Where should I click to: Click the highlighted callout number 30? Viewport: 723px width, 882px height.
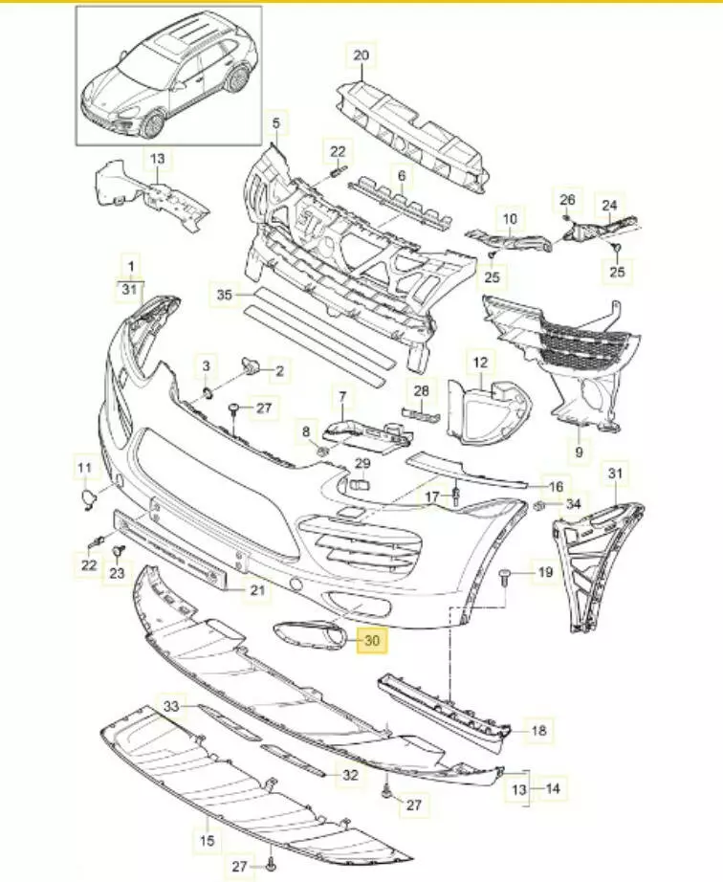(370, 640)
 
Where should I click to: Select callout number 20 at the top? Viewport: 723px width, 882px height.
(361, 55)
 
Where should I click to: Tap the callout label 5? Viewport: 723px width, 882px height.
(276, 123)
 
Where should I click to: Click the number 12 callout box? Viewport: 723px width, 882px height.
(480, 362)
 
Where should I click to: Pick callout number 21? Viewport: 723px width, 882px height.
(255, 591)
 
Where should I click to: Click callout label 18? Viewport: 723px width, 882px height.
(538, 731)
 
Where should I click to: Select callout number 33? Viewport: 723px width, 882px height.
(171, 706)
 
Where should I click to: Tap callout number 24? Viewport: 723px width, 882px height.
(609, 204)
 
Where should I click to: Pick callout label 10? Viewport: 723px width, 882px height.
(510, 219)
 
